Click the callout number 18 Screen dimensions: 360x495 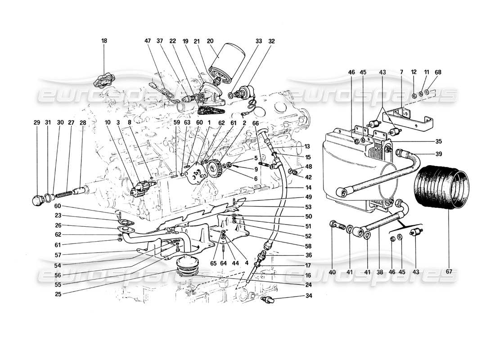[x=104, y=41]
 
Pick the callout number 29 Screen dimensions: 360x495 [x=36, y=122]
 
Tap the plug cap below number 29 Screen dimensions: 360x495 [x=37, y=200]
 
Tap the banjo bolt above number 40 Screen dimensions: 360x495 [x=336, y=224]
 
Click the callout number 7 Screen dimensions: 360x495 [x=401, y=72]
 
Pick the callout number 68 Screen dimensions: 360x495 [x=439, y=72]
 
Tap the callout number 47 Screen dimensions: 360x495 [x=147, y=41]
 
